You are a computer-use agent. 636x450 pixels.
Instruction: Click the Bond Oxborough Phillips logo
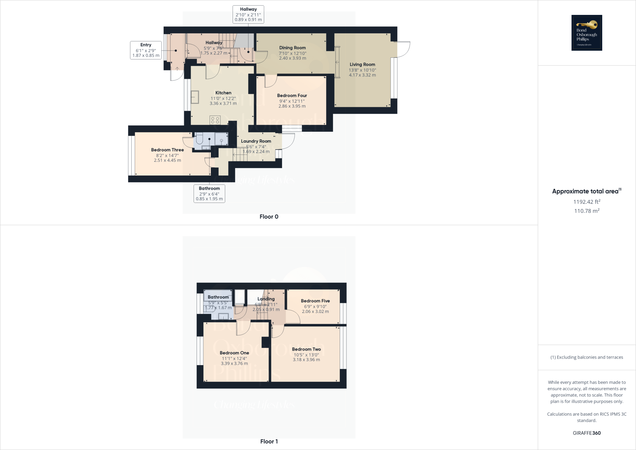[587, 33]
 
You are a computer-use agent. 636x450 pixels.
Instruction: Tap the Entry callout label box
[146, 50]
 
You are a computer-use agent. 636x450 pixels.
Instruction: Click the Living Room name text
[362, 65]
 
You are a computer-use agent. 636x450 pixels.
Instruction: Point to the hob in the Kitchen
[215, 120]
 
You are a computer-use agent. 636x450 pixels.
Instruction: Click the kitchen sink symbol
[195, 97]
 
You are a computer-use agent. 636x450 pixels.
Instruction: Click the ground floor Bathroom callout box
[209, 193]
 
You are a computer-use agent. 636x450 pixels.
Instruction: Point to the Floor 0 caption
[269, 217]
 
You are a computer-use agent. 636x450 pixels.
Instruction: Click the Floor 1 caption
[269, 441]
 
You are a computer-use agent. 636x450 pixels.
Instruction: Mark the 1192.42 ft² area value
[587, 202]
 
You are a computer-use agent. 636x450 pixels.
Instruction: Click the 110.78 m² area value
[587, 211]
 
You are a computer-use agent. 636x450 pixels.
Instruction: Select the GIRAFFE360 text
[587, 433]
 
